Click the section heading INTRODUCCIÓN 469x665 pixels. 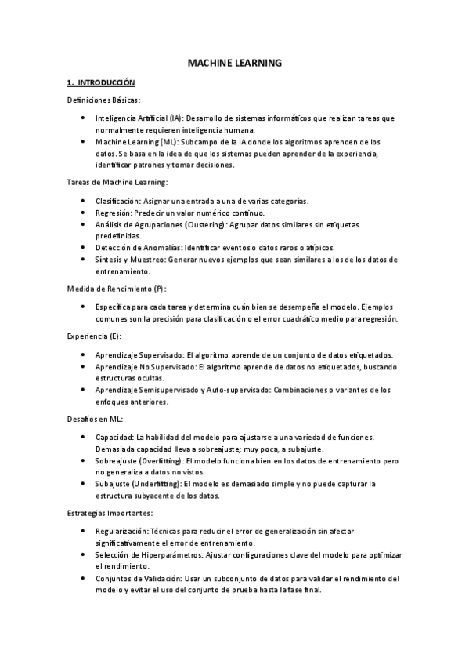click(106, 82)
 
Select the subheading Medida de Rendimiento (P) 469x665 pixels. click(116, 289)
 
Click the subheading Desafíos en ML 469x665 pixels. click(94, 419)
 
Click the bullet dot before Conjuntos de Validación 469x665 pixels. click(84, 578)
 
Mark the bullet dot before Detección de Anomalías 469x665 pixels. click(84, 247)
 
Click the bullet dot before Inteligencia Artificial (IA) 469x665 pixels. click(84, 118)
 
